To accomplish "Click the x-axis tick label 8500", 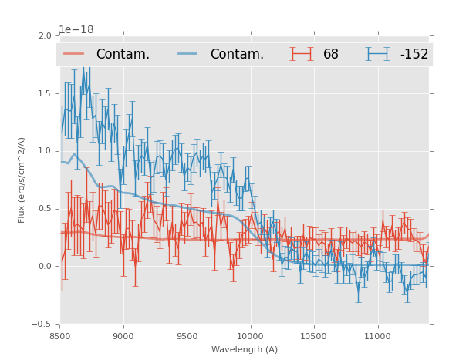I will (59, 336).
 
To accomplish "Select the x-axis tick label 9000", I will (123, 336).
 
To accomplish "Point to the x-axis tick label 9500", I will (187, 336).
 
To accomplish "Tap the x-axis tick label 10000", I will (250, 336).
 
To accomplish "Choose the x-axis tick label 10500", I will (313, 336).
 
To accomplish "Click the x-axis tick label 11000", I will (377, 336).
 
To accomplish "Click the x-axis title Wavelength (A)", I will (245, 350).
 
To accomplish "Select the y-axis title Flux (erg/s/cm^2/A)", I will (22, 180).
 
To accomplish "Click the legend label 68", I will (331, 55).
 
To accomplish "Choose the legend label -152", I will (414, 55).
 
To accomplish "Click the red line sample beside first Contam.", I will (75, 54).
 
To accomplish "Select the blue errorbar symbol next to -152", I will (378, 54).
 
